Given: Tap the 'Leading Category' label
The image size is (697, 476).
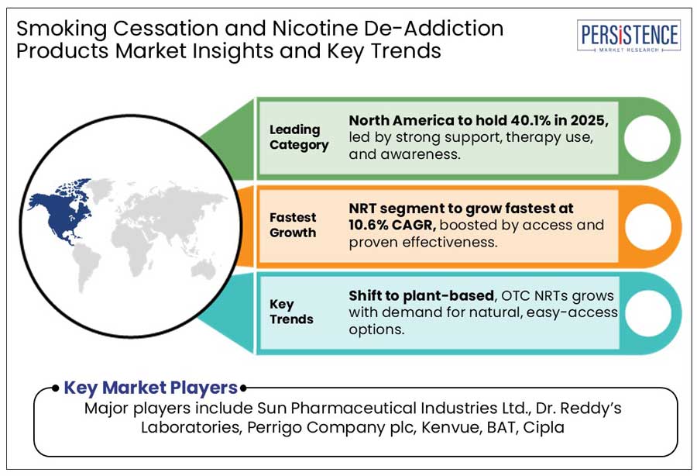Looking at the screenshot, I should click(x=299, y=136).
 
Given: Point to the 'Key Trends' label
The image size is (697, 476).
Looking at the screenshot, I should click(x=291, y=311).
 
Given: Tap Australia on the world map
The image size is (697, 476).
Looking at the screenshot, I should click(x=206, y=269).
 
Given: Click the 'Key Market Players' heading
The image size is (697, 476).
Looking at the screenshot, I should click(x=150, y=388).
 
